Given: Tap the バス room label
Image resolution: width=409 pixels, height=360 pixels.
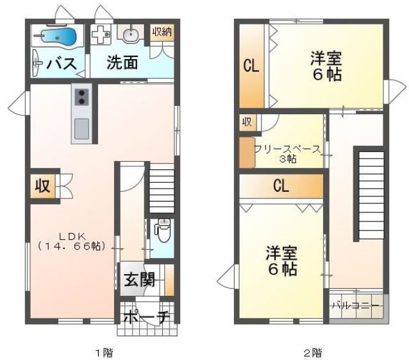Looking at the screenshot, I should coord(62,64).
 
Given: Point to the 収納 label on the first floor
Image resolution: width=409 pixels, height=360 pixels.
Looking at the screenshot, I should coord(161,31).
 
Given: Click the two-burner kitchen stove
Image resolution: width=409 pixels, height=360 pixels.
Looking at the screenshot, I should coord(81,97).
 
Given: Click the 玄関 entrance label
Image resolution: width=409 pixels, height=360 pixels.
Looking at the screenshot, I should coord(138,280).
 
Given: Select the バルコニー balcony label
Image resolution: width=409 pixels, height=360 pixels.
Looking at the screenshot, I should coord(357,306).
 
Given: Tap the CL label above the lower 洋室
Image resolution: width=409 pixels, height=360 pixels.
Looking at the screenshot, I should coord(280,186).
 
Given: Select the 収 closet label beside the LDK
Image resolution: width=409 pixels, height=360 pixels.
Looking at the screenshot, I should coord(42,187).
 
